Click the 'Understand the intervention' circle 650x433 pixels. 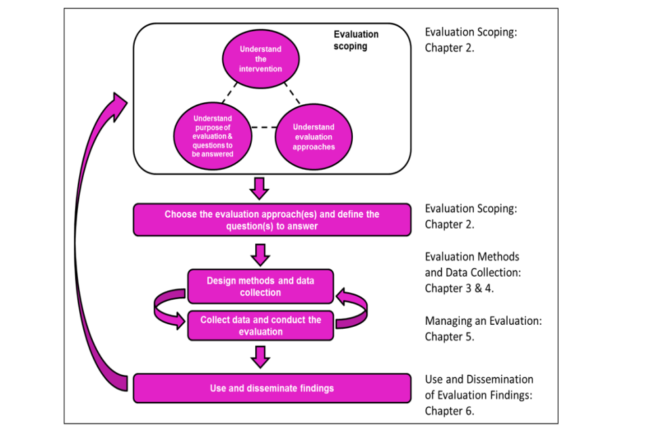[261, 59]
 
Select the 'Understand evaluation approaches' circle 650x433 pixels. [313, 137]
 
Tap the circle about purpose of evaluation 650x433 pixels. [212, 136]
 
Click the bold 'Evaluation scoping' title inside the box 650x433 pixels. [356, 41]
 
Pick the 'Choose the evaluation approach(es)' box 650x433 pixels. [272, 220]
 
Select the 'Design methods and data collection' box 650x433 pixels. [261, 286]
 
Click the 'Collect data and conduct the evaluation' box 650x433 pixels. [261, 325]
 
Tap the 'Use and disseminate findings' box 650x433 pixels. [272, 388]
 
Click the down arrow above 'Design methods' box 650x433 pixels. [260, 254]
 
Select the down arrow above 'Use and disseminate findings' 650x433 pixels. [260, 356]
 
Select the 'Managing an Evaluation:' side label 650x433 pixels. [483, 321]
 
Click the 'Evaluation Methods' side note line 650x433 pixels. [472, 257]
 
